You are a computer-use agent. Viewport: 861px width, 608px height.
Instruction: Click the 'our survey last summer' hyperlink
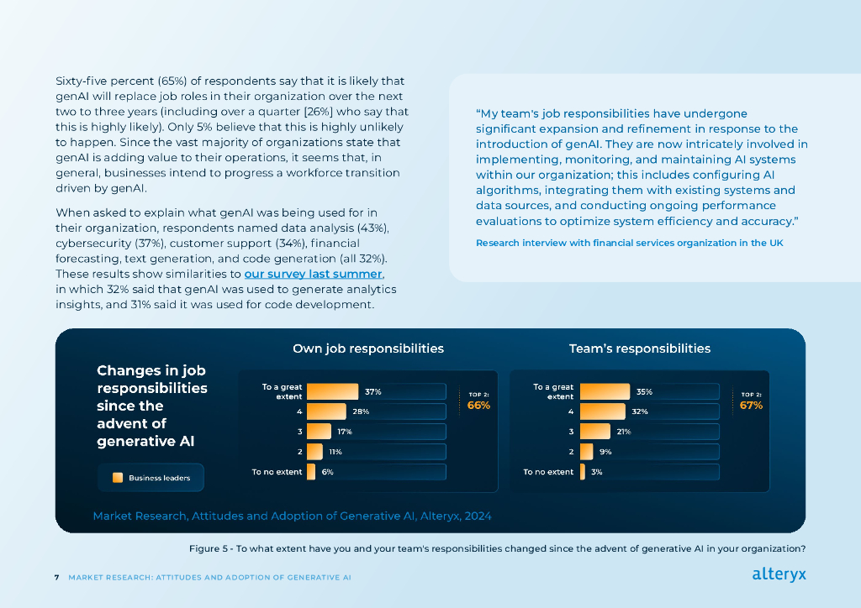[x=314, y=275]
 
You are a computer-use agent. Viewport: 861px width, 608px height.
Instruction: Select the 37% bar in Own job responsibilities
[x=327, y=391]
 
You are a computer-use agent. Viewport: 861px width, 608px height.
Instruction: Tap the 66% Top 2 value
[x=478, y=406]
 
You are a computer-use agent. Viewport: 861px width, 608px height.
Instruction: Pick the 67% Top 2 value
[x=751, y=406]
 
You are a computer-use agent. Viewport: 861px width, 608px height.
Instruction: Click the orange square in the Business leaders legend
[x=118, y=478]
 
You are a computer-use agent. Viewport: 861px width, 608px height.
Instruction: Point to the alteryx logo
[x=779, y=575]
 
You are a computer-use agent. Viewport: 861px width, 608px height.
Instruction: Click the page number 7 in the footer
[x=56, y=578]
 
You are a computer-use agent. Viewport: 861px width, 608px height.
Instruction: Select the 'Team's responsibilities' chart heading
[x=639, y=349]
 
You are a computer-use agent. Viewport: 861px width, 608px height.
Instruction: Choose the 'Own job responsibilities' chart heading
[x=367, y=349]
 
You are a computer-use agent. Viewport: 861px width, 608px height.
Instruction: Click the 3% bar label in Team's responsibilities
[x=596, y=472]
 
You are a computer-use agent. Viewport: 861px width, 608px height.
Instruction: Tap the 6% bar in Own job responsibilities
[x=311, y=472]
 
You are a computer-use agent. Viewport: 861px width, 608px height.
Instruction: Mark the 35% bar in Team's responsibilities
[x=605, y=391]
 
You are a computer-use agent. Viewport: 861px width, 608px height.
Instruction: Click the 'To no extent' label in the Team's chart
[x=548, y=472]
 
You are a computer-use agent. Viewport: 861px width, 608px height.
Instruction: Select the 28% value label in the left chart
[x=361, y=411]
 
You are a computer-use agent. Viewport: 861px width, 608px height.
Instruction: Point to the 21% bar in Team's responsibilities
[x=594, y=432]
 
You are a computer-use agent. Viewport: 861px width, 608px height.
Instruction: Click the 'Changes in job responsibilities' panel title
[x=151, y=406]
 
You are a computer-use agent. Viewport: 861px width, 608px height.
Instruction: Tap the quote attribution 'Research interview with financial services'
[x=629, y=243]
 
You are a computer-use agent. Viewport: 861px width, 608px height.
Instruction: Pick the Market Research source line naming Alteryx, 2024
[x=292, y=516]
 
